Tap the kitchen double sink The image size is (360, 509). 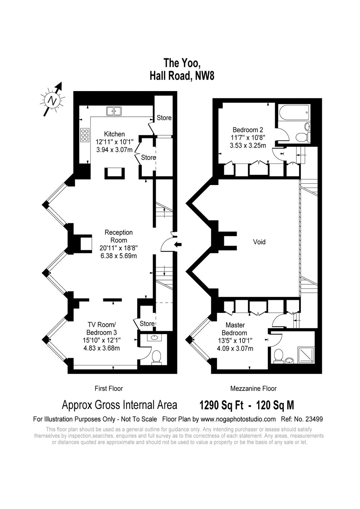[114, 111]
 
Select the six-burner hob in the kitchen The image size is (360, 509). [85, 135]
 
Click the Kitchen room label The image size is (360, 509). [114, 134]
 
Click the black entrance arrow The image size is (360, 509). [178, 244]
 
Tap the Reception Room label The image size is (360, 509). [118, 236]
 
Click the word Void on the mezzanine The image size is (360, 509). [259, 242]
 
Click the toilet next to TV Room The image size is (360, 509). [156, 357]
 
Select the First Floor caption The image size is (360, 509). [109, 388]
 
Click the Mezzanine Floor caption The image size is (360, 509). [253, 388]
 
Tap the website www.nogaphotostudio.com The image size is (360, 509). [238, 419]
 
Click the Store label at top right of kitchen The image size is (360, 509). [164, 118]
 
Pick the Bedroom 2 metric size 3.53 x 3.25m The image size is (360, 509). [248, 145]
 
